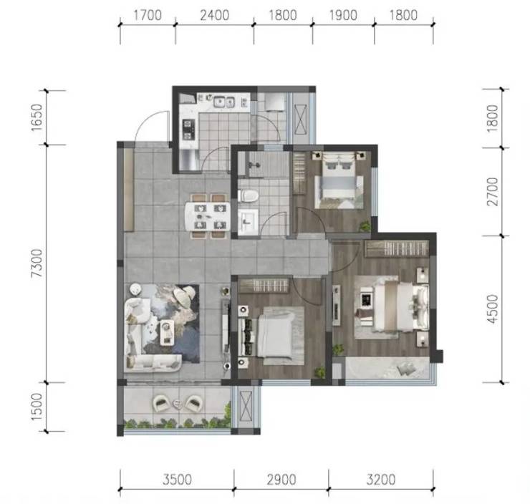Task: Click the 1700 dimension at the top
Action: coord(148,15)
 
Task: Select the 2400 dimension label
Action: coord(215,15)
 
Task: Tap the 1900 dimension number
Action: coord(343,15)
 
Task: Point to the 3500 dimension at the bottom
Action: coord(177,480)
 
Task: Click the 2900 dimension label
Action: coord(281,480)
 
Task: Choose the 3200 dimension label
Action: coord(381,480)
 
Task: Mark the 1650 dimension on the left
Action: coord(37,117)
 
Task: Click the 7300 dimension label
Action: coord(37,263)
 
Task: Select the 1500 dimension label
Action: coord(37,407)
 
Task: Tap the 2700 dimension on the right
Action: coord(493,191)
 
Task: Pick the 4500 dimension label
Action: coord(493,309)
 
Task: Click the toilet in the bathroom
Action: coord(248,195)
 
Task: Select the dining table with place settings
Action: coord(208,216)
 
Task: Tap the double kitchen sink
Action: coord(224,102)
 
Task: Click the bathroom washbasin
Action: coord(248,222)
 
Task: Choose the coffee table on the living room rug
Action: coord(167,332)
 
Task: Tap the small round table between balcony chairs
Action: coord(177,403)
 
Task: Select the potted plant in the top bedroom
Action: coord(365,226)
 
